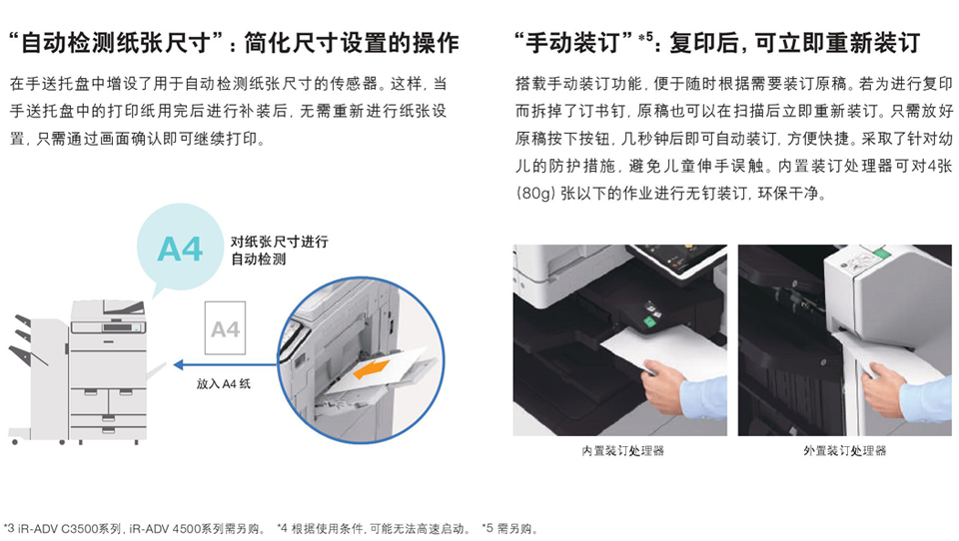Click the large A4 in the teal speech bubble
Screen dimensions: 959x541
tap(180, 249)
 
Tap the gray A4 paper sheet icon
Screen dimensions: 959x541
tap(225, 328)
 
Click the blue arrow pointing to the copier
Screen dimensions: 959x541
tap(226, 365)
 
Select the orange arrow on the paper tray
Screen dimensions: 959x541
tap(371, 369)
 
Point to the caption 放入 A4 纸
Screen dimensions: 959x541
tap(223, 384)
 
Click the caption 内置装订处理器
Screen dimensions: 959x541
tap(622, 451)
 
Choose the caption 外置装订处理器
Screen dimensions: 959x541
tap(845, 451)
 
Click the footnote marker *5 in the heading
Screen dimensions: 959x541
tap(645, 37)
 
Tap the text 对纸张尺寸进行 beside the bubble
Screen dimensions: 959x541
tap(279, 242)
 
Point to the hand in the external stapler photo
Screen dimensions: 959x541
tap(883, 389)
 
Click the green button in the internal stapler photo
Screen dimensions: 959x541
tap(649, 321)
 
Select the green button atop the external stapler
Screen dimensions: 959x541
tap(881, 252)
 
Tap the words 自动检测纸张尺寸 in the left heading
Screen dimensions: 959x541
tap(115, 43)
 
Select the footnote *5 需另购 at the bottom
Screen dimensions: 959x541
tap(508, 529)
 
